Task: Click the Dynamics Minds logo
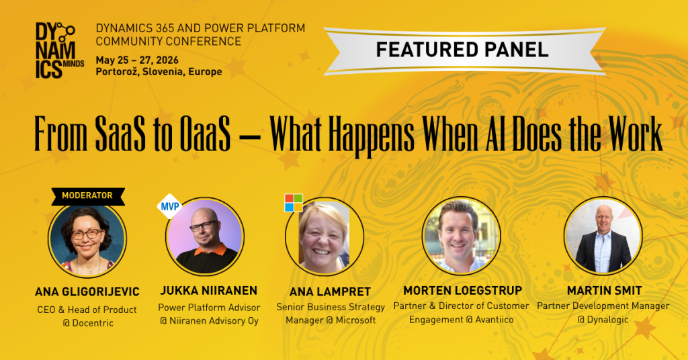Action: tap(59, 50)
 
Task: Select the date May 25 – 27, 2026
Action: tap(137, 60)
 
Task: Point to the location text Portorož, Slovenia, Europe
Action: tap(159, 72)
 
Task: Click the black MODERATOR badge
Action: tap(88, 196)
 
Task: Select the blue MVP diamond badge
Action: tap(169, 206)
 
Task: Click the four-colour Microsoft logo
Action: tap(294, 203)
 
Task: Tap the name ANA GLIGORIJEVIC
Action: tap(87, 292)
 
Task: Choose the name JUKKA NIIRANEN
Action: tap(209, 291)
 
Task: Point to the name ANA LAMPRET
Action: tap(330, 292)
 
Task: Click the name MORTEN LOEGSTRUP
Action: tap(463, 291)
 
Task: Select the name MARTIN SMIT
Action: tap(604, 291)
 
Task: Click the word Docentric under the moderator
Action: tap(93, 323)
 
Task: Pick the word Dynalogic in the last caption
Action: tap(608, 320)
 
